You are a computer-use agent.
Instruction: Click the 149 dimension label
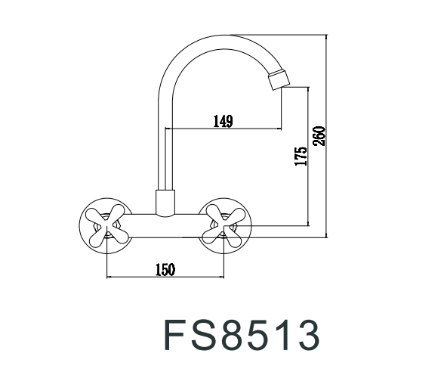coord(222,120)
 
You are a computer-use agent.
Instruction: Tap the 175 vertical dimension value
coord(301,157)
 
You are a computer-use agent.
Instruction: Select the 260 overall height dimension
coord(319,135)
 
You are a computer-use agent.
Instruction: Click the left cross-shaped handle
coord(106,225)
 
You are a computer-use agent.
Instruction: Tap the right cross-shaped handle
coord(227,225)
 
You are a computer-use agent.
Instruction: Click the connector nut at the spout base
coord(165,202)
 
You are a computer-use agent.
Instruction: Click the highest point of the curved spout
coord(219,36)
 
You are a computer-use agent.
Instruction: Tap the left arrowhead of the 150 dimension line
coord(110,277)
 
